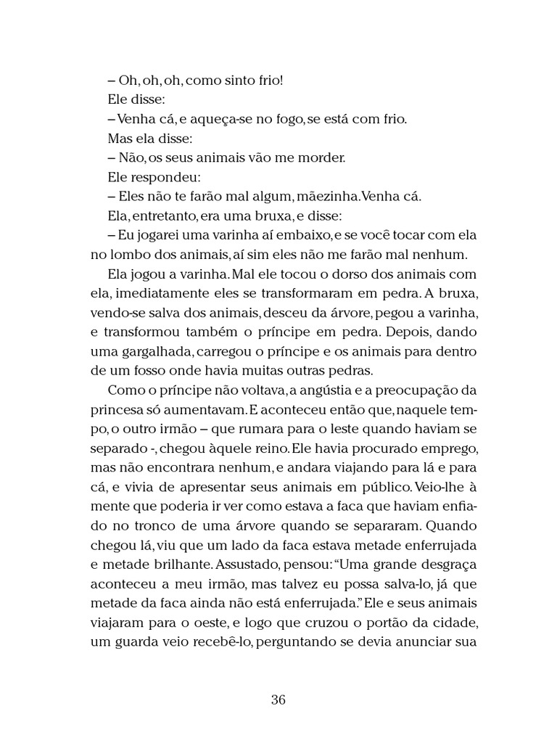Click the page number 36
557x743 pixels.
point(278,699)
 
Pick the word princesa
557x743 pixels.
point(116,411)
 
